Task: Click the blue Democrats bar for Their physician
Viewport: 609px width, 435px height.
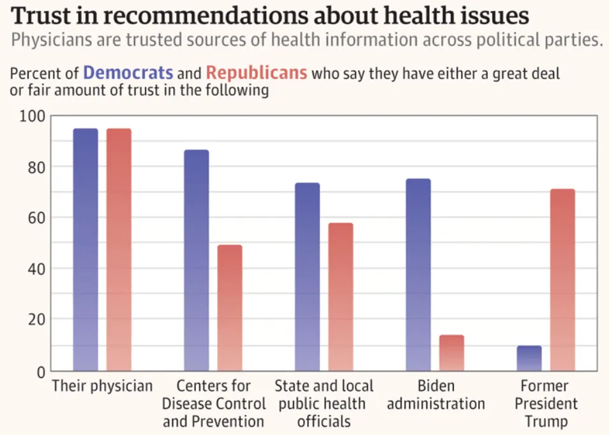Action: click(x=86, y=249)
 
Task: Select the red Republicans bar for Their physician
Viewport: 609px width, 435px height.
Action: click(x=119, y=249)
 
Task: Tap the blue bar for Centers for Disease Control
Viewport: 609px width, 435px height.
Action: click(x=197, y=260)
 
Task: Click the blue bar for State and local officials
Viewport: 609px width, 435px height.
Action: click(x=307, y=277)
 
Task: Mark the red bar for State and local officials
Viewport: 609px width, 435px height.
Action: click(x=340, y=297)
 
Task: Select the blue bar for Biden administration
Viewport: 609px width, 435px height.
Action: click(x=418, y=274)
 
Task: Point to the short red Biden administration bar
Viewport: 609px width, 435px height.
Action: click(x=451, y=353)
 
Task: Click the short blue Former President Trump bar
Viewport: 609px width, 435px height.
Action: click(x=529, y=358)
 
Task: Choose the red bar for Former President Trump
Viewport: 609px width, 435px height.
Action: click(x=562, y=279)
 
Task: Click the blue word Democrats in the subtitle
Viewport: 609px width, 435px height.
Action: click(x=128, y=73)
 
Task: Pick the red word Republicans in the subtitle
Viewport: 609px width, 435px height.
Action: click(x=257, y=73)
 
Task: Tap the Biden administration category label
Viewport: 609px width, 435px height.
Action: click(x=436, y=395)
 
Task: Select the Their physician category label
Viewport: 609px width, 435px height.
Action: click(x=102, y=386)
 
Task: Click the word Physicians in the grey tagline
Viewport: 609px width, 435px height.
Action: click(x=50, y=40)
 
